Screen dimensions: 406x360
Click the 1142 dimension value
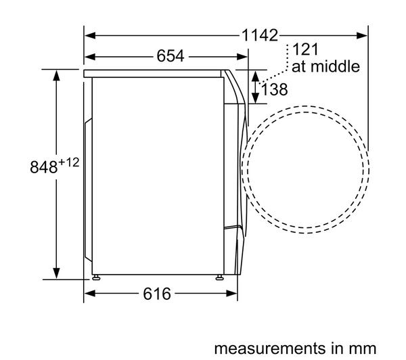(260, 35)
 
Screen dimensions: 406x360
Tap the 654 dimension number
(171, 56)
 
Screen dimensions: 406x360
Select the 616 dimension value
(157, 294)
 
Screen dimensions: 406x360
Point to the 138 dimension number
(275, 89)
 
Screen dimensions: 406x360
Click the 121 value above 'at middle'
(305, 49)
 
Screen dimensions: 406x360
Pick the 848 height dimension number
(43, 167)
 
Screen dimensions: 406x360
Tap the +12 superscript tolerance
(68, 162)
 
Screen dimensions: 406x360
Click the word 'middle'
(336, 66)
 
